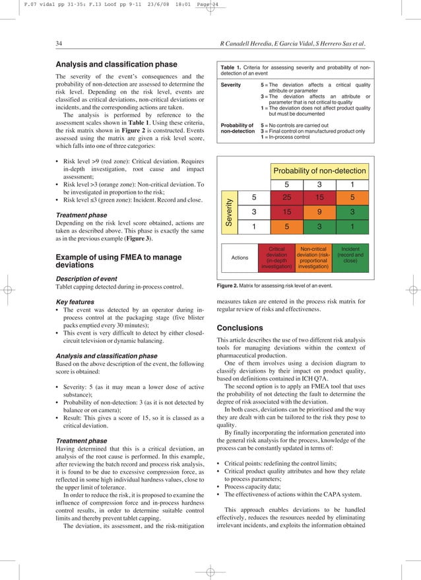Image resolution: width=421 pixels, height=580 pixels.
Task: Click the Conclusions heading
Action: point(240,328)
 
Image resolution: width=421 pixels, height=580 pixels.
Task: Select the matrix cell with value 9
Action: point(319,213)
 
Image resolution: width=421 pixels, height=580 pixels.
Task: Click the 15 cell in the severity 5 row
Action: point(319,198)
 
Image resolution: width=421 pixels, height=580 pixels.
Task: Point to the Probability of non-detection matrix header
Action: point(319,172)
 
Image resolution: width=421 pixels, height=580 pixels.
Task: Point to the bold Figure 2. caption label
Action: point(231,285)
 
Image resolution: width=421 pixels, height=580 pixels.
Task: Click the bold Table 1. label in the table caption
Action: point(233,67)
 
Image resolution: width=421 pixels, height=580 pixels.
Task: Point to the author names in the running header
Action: point(292,44)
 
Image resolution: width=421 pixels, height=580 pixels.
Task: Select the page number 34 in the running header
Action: point(59,44)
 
